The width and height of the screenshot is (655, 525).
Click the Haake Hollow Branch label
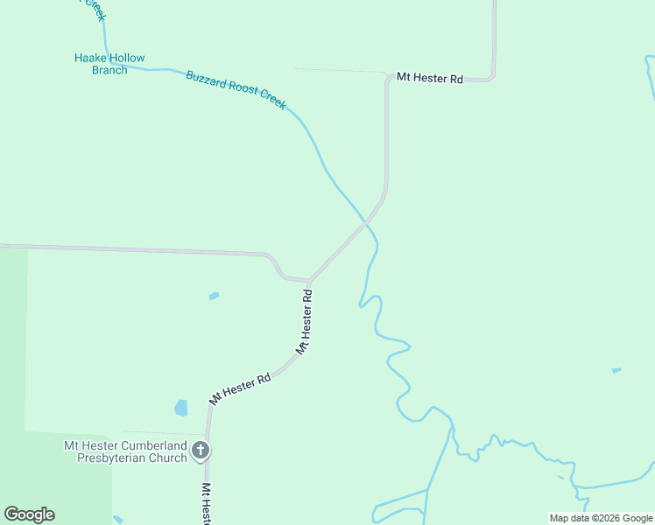[109, 64]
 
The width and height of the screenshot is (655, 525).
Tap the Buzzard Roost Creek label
[236, 90]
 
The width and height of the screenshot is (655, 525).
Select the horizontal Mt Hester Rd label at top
[429, 78]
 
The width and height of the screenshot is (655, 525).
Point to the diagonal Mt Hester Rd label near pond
[240, 389]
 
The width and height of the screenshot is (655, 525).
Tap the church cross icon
[201, 451]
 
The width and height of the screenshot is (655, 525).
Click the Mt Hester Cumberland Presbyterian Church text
[125, 451]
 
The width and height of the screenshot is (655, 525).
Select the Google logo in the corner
[29, 514]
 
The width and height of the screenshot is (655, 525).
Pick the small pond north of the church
[181, 408]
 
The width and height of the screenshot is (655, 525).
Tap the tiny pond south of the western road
[214, 297]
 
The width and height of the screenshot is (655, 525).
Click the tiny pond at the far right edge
[616, 370]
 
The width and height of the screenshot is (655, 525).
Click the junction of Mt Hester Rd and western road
[310, 281]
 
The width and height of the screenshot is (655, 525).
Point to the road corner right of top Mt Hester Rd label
[493, 77]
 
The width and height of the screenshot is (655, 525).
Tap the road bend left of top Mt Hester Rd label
[386, 78]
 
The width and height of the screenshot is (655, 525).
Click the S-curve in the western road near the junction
[275, 266]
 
